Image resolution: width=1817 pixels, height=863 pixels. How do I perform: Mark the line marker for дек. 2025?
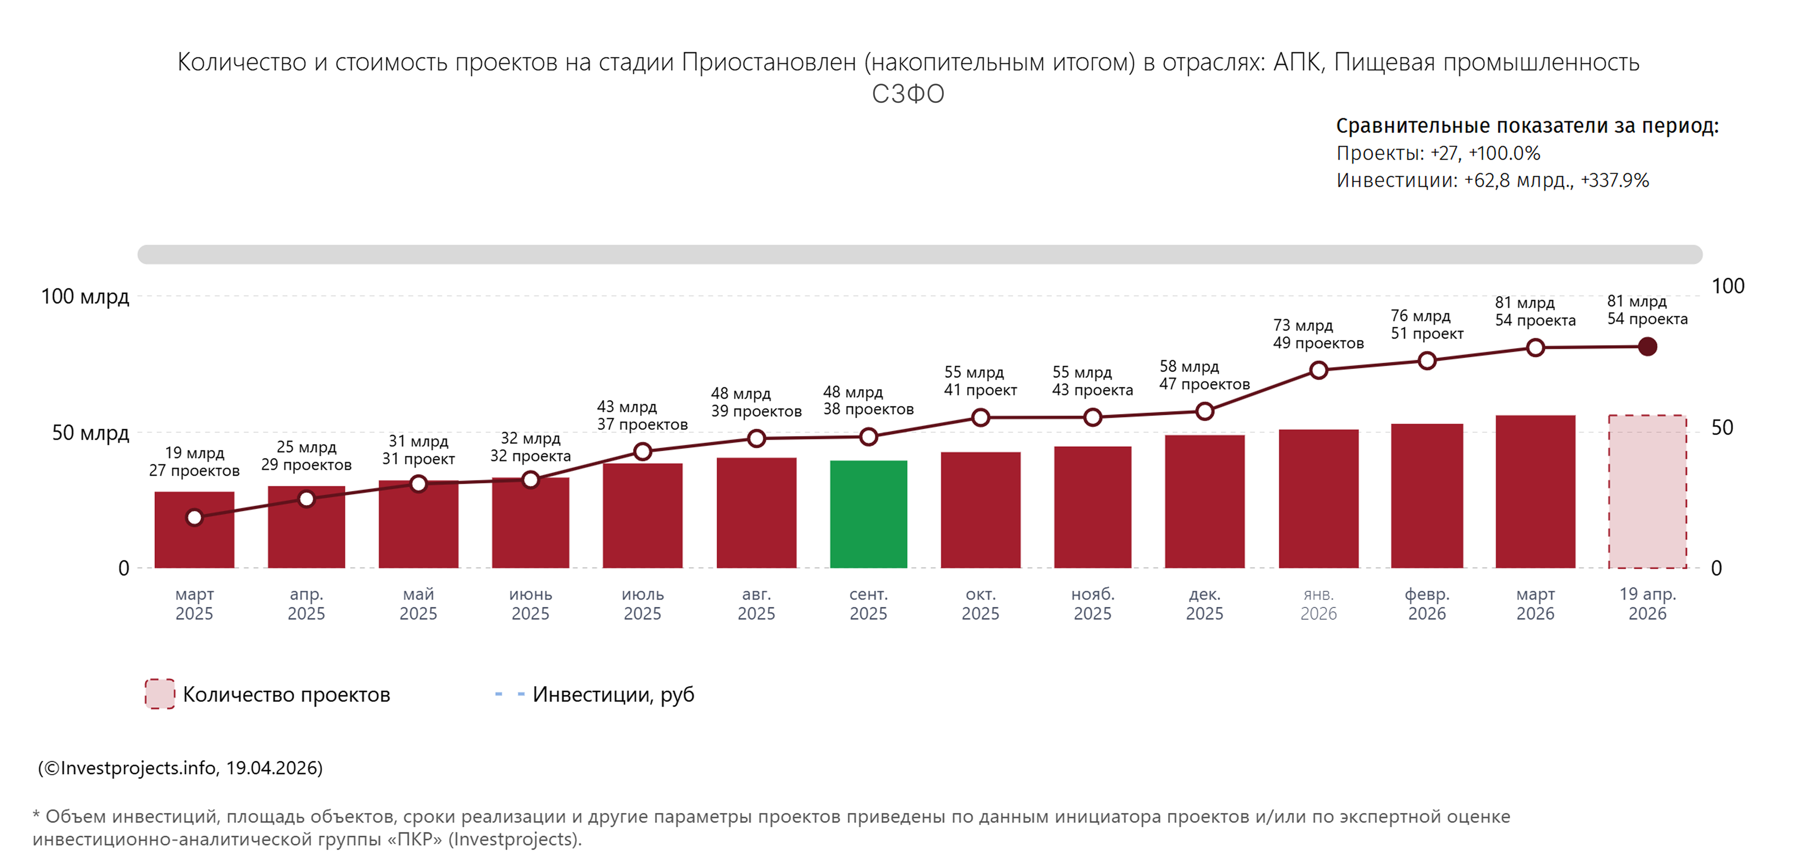(x=1205, y=412)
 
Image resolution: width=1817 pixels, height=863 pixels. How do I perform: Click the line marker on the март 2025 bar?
(x=195, y=517)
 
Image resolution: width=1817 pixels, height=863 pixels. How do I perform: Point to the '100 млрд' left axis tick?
(x=85, y=296)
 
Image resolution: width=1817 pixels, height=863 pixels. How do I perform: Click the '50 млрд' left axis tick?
(x=90, y=433)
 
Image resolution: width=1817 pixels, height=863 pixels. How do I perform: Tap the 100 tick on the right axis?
(x=1727, y=286)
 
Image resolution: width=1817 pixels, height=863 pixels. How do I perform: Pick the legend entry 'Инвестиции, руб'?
(x=613, y=694)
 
